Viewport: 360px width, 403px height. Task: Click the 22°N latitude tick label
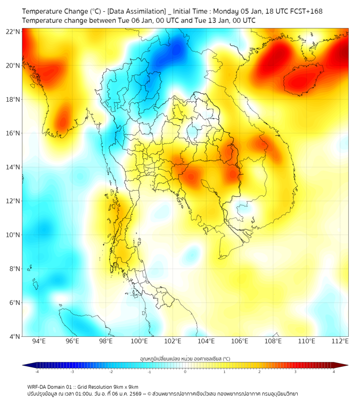[x=13, y=31]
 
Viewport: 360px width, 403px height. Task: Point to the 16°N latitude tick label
[x=13, y=133]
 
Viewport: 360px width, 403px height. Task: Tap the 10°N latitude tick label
[x=13, y=235]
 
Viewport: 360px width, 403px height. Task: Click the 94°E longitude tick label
[x=39, y=341]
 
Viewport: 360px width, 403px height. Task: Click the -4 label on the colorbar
[x=37, y=372]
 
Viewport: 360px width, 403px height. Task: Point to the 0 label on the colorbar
[x=185, y=372]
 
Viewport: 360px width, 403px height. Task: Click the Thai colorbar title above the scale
[x=185, y=359]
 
